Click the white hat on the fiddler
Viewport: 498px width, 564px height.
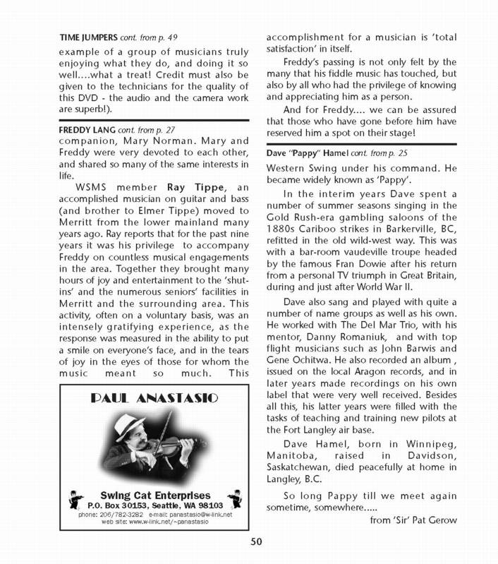click(x=140, y=424)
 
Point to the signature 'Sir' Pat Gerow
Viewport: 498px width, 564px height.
click(x=413, y=520)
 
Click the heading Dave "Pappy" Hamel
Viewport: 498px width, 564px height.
click(x=320, y=152)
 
